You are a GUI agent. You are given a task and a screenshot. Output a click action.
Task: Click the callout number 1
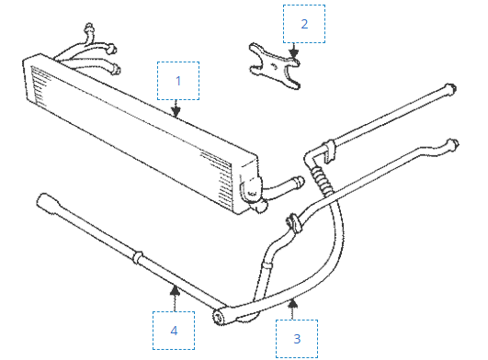click(x=178, y=81)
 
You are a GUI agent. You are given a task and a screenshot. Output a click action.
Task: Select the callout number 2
click(x=304, y=24)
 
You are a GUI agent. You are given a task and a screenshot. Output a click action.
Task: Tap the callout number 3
click(x=297, y=339)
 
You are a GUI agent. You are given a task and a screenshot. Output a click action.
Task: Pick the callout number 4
click(x=174, y=331)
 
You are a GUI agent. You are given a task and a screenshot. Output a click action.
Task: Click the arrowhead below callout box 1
click(x=176, y=112)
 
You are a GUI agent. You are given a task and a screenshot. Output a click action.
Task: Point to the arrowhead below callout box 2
click(x=293, y=53)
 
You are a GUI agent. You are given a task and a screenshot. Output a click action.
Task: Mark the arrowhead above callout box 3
click(x=292, y=303)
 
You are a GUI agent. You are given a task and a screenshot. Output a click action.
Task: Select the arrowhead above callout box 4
click(x=176, y=289)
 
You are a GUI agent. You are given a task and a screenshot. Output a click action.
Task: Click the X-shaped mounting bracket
click(x=274, y=66)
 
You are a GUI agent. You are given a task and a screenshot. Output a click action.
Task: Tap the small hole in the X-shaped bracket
click(x=274, y=66)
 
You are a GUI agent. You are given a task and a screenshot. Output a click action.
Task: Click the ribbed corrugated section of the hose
click(x=321, y=180)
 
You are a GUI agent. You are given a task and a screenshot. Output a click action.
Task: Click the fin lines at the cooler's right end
click(x=221, y=180)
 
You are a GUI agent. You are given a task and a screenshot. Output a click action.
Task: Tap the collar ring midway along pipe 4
click(x=138, y=257)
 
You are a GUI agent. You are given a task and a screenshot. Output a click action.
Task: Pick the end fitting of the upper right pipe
click(x=450, y=88)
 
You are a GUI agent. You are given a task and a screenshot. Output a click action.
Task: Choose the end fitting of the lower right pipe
click(x=453, y=144)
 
